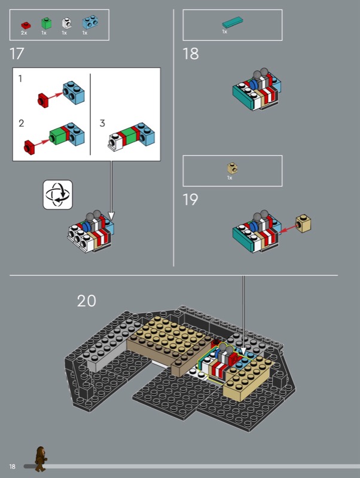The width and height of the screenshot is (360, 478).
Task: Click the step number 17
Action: coord(17,54)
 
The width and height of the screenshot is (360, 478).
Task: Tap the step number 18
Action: coord(190,54)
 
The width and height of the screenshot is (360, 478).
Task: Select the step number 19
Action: coord(190,200)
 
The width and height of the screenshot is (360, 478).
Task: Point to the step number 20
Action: coord(86,301)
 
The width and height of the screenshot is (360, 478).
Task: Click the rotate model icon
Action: coord(57,195)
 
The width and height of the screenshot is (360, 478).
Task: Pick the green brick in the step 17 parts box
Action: coord(46,23)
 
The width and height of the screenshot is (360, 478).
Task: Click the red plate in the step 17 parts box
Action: coord(26,25)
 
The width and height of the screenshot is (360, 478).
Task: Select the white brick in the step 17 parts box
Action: coord(66,23)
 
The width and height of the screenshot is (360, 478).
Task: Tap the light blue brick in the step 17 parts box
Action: coord(90,22)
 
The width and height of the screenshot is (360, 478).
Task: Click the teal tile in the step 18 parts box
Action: coord(233,22)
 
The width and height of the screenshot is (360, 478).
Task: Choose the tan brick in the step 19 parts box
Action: coord(233,168)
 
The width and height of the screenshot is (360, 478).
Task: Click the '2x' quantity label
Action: coord(24,33)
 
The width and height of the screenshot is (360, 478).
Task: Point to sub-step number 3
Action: coord(102,123)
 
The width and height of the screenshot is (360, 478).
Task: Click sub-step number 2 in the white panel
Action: coord(21,123)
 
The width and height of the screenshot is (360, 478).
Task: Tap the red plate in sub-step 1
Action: coord(43,100)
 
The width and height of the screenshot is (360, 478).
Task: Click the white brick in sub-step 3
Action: coord(115,142)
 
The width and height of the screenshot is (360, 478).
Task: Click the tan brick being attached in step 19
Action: coord(303,223)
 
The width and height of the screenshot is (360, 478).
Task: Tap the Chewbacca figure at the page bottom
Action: coord(40,459)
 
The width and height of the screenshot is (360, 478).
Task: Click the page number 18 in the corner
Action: coord(12,467)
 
